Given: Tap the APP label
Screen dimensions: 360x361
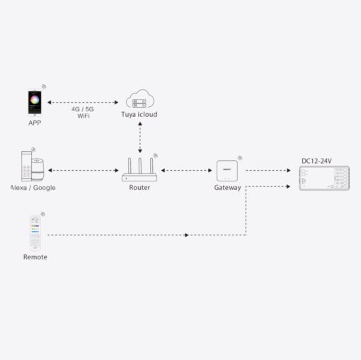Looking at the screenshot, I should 35,123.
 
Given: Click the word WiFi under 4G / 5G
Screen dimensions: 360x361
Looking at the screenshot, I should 84,116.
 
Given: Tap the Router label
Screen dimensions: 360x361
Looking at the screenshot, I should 139,188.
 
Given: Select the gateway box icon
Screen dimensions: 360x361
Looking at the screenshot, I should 227,171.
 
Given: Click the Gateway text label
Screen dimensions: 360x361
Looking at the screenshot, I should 227,188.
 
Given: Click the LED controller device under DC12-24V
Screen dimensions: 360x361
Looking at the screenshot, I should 324,179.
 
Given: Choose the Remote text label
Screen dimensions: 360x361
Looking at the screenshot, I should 35,257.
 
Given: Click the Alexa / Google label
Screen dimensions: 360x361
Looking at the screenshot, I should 33,188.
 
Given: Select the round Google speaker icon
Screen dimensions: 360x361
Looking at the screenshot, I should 40,169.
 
